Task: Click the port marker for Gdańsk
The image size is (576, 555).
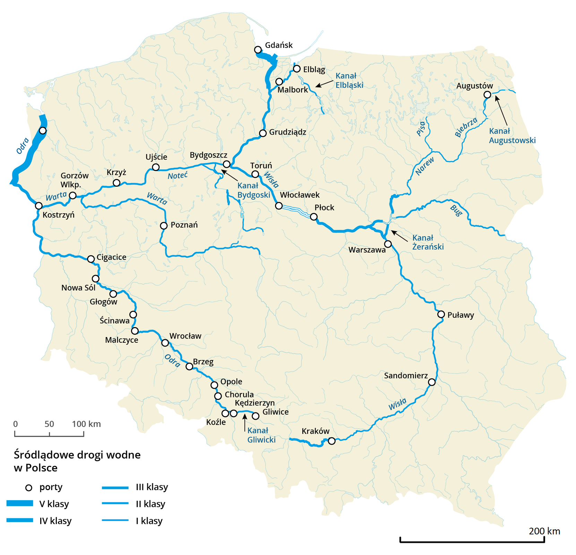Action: pos(258,50)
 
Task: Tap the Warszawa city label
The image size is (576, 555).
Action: pos(367,250)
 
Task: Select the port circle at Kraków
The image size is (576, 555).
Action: pos(332,441)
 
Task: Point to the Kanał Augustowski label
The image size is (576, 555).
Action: pos(512,136)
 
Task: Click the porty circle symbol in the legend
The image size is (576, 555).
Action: pos(29,488)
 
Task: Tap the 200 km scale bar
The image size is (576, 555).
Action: pos(472,540)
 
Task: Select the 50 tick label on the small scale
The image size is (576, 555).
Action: pos(49,424)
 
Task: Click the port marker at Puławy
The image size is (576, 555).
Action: pos(441,314)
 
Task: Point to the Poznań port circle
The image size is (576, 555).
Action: pos(164,226)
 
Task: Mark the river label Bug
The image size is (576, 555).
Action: pos(456,211)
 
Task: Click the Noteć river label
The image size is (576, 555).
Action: pos(177,176)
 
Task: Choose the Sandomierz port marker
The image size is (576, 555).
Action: pos(431,382)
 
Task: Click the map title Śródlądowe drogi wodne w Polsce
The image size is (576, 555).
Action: pos(77,461)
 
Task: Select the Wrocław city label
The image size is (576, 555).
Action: pos(185,336)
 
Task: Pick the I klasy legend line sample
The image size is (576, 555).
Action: pos(115,520)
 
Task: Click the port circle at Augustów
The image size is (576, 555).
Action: pos(487,94)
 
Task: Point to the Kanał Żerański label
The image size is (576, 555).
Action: pos(428,242)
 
